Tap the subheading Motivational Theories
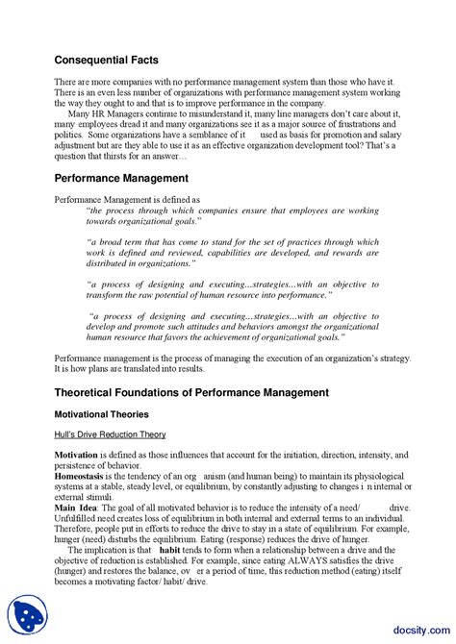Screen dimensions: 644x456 101,414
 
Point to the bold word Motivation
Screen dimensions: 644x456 76,454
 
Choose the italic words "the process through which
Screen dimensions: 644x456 140,210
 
